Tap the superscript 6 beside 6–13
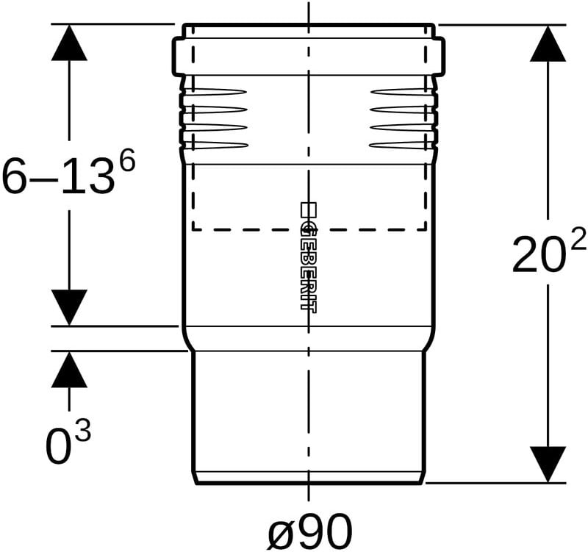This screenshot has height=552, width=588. [126, 158]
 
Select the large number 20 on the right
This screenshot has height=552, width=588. [538, 255]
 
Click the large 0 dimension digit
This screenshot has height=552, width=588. [59, 446]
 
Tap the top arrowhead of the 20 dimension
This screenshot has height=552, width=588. [548, 43]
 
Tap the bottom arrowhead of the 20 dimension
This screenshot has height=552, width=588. [548, 465]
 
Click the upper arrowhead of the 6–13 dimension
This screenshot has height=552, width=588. [69, 43]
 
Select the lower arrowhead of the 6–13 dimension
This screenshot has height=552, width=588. [69, 307]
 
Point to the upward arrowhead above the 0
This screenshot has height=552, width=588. [69, 370]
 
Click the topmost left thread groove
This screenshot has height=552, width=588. [215, 91]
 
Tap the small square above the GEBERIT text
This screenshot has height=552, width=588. [309, 209]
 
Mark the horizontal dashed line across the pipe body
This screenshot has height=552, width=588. [309, 229]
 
